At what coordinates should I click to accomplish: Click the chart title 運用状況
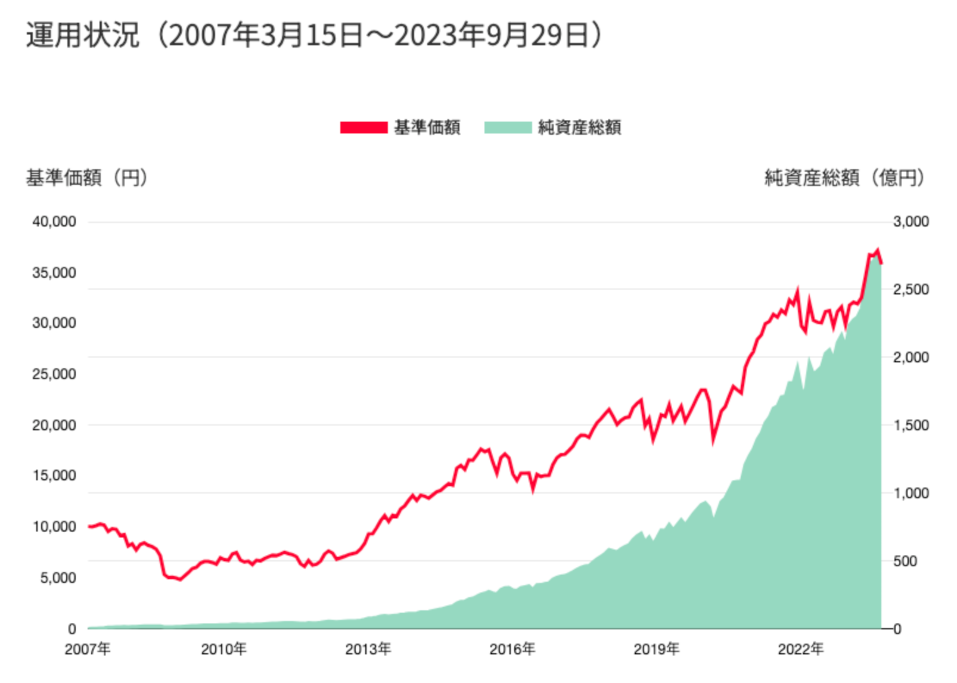82,35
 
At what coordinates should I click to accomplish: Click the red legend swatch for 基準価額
363,128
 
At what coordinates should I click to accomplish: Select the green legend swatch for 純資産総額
508,128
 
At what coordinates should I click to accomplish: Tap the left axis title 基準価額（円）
87,178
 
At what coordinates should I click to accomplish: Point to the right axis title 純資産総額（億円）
844,178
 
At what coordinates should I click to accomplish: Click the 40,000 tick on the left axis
54,222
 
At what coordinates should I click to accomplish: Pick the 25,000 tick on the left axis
54,374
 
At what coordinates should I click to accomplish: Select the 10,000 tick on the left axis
54,527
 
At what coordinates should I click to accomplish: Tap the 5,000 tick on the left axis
58,578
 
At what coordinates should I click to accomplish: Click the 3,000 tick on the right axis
911,222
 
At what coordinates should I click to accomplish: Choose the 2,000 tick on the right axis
911,358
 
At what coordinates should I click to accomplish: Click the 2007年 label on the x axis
88,649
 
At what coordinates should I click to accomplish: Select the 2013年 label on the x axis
368,649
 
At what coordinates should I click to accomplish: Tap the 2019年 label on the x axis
657,649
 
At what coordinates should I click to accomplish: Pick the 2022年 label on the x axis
801,649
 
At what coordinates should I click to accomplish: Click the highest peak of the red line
877,251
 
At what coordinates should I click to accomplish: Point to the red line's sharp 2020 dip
713,442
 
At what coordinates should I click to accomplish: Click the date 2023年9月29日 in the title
491,35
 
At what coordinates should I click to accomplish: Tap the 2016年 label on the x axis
512,649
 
